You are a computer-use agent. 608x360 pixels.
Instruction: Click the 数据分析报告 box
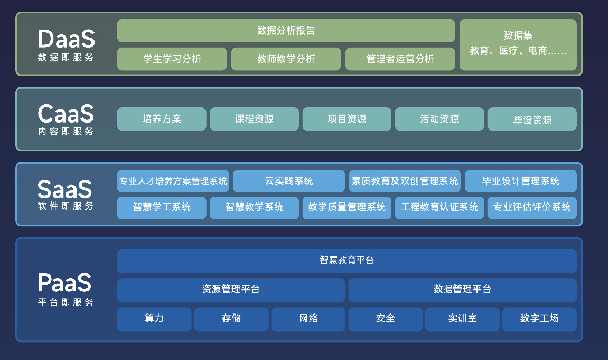[286, 31]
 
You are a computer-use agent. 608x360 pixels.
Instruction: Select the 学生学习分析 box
[172, 59]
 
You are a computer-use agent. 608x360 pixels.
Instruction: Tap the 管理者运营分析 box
[400, 59]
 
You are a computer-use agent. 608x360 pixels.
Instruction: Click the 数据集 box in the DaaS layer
[518, 44]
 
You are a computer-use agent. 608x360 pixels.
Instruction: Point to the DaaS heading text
[67, 39]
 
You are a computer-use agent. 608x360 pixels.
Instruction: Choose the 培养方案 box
[162, 119]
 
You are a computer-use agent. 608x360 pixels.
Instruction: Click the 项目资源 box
[347, 119]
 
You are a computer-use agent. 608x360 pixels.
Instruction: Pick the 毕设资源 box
[532, 119]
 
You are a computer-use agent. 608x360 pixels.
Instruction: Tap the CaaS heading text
[66, 114]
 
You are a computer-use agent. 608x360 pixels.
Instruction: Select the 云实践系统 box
[289, 181]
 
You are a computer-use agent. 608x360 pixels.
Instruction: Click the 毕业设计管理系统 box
[520, 181]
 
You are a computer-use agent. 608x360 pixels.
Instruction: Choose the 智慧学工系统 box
[162, 207]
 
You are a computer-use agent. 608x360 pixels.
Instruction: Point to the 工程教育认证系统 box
[439, 207]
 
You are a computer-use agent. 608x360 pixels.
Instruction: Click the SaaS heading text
[65, 189]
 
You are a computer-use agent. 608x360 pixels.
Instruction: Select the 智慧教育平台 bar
[347, 261]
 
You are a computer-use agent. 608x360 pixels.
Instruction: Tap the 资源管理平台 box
[231, 289]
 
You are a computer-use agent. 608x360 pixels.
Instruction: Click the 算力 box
[154, 318]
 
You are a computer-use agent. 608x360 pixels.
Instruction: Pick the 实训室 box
[462, 318]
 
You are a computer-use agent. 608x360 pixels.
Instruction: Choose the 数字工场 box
[539, 318]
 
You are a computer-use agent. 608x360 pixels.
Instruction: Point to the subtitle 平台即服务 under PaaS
[66, 302]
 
